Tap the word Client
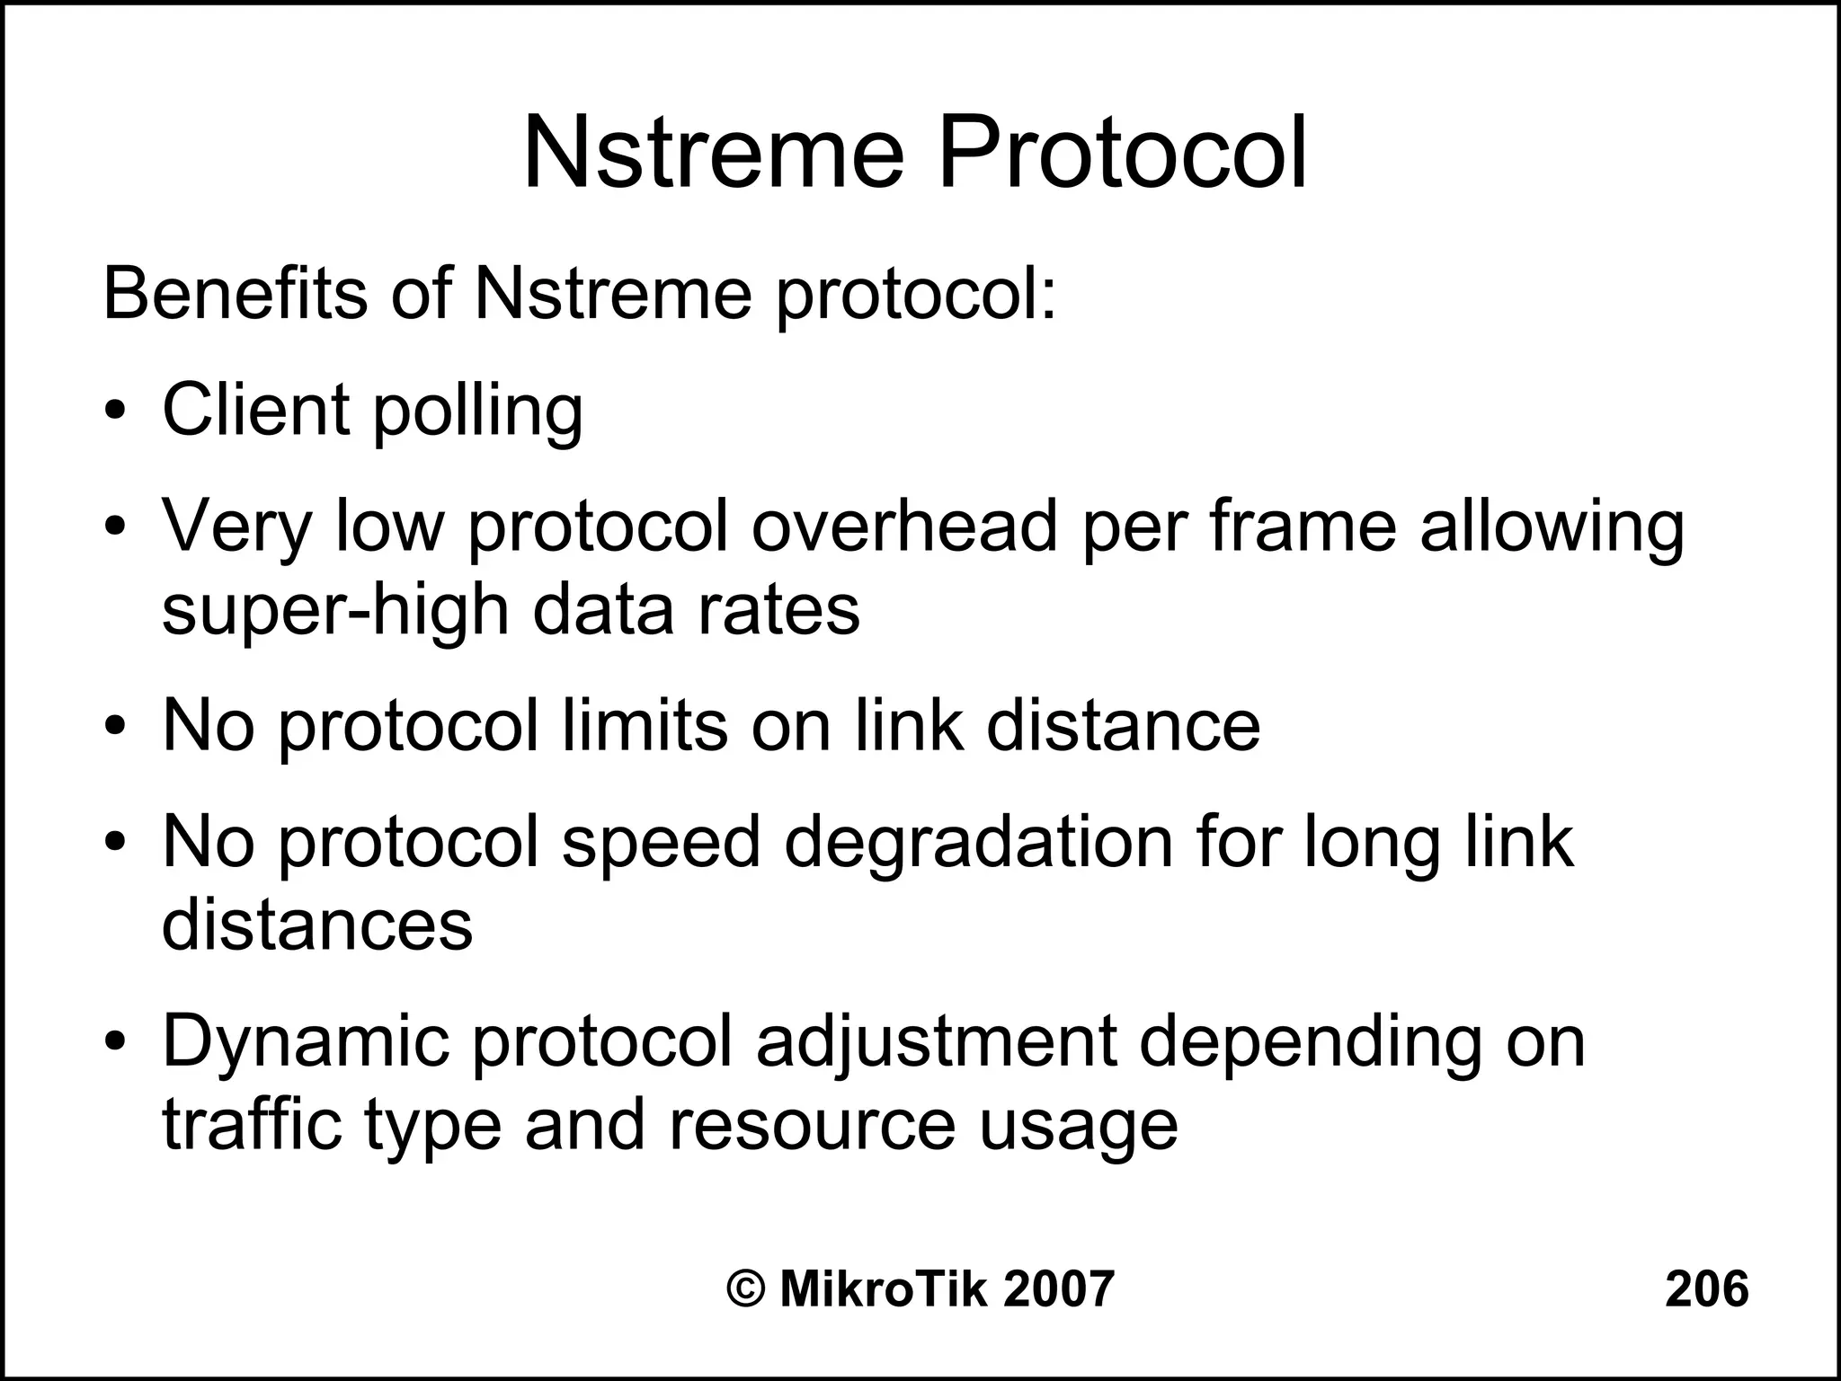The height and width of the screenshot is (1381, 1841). point(254,410)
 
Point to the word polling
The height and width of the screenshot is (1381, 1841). point(477,413)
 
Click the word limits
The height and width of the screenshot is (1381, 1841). point(645,725)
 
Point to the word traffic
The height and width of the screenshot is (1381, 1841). point(252,1124)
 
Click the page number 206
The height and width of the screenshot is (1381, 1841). point(1706,1289)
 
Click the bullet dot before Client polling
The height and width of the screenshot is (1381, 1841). point(114,413)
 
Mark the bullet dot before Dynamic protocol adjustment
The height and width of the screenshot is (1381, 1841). point(114,1042)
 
